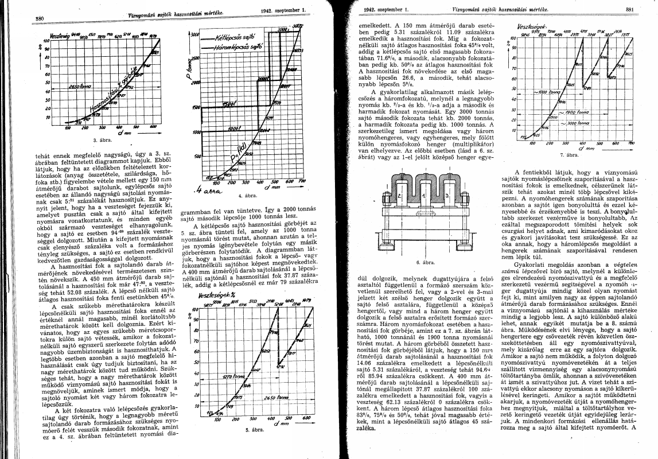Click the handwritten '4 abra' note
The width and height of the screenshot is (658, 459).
(x=206, y=192)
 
